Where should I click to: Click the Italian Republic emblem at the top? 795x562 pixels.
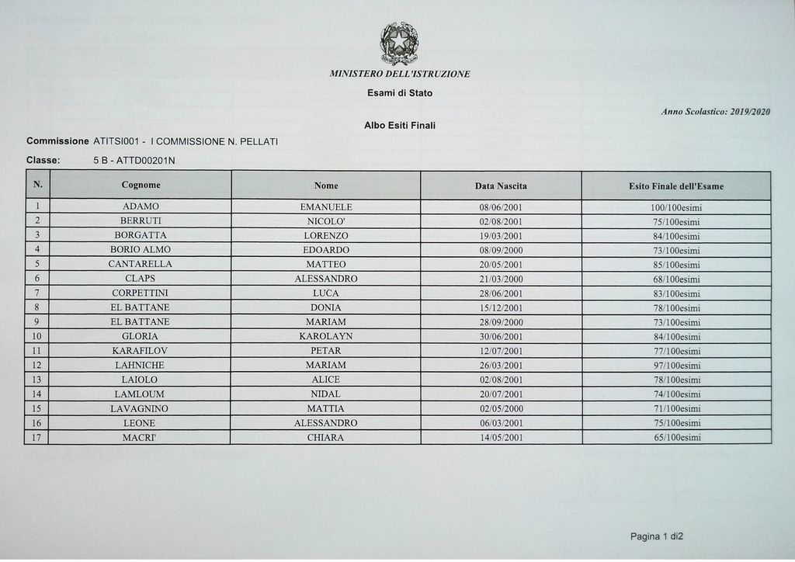click(399, 43)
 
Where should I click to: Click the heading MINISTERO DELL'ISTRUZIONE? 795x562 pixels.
click(400, 74)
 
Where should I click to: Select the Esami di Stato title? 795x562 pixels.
click(400, 93)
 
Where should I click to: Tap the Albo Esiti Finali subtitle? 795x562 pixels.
click(400, 125)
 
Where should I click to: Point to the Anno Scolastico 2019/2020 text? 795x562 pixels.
click(715, 112)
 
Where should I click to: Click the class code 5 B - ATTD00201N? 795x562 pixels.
click(134, 161)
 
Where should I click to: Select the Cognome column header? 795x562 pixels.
click(141, 186)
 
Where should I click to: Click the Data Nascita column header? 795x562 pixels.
click(501, 186)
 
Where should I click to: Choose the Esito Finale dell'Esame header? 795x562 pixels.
click(675, 186)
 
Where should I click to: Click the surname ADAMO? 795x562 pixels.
click(141, 207)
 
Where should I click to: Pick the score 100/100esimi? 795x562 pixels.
click(675, 208)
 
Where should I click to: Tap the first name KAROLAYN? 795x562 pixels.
click(326, 337)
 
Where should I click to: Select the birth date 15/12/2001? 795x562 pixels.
click(501, 308)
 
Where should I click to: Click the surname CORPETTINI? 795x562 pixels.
click(141, 293)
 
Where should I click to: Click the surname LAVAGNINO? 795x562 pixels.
click(141, 408)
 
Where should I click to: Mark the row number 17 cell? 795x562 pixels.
click(36, 438)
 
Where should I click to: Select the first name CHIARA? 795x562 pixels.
click(326, 438)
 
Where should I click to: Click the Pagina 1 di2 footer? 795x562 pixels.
click(656, 536)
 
